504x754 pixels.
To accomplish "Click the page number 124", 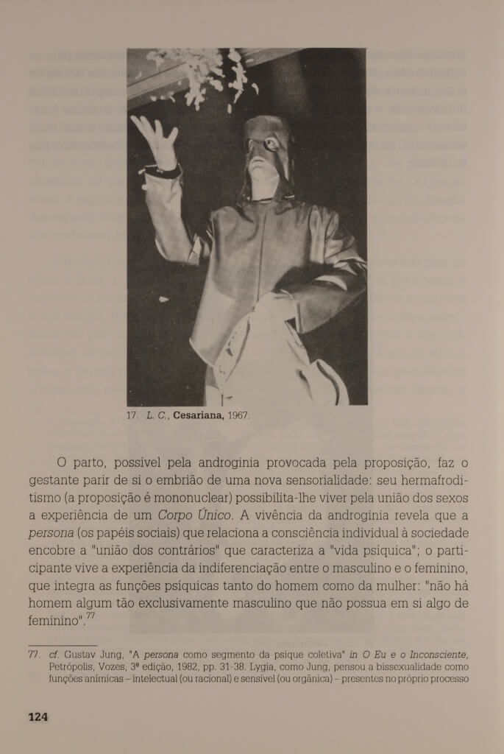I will [x=38, y=716].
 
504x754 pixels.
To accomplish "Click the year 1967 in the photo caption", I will [x=238, y=415].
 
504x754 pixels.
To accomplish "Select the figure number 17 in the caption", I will [x=132, y=415].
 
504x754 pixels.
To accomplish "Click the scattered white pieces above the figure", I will [x=206, y=74].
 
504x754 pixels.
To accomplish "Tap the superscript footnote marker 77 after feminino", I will [x=90, y=616].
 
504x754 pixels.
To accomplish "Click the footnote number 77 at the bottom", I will [x=35, y=654].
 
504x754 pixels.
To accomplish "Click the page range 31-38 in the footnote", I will [x=255, y=666].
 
